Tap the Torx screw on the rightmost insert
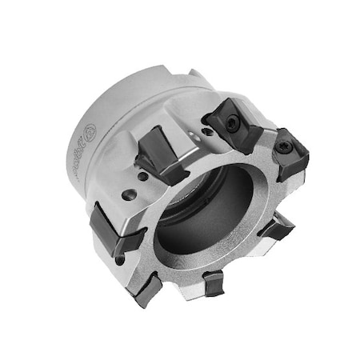coord(286,148)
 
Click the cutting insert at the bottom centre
coord(214,281)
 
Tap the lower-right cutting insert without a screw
coord(277,227)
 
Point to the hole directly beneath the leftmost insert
coord(121,259)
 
